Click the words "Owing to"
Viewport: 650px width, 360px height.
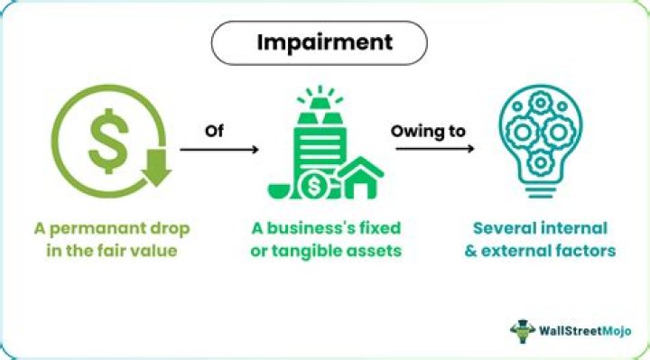tap(428, 132)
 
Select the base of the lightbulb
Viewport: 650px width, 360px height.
tap(540, 191)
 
